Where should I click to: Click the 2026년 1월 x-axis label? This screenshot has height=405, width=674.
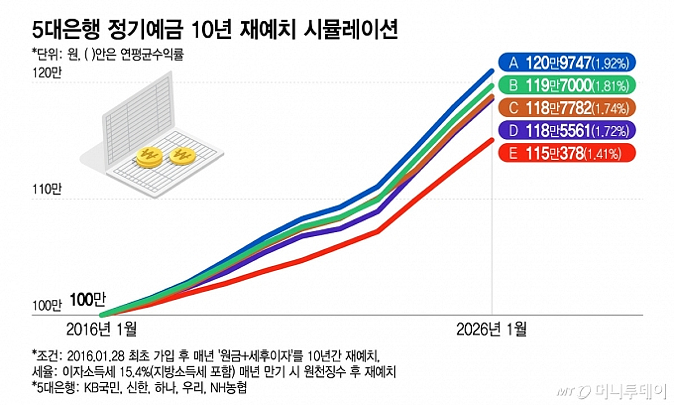(x=491, y=329)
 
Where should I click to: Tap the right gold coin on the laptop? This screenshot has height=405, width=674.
(x=183, y=156)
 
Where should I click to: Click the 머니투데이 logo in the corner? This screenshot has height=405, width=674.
(x=618, y=390)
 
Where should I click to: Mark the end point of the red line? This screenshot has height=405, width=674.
(x=492, y=140)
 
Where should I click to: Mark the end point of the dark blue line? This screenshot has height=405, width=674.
(x=492, y=71)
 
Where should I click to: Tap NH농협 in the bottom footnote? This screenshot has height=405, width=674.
(x=226, y=388)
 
